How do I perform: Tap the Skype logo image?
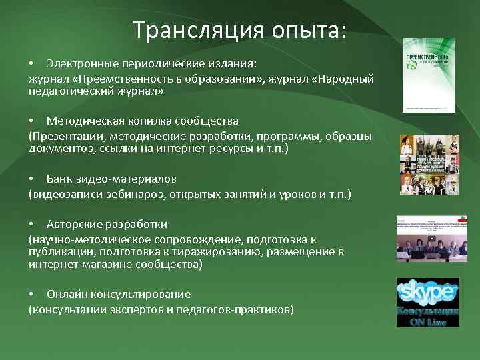[428, 303]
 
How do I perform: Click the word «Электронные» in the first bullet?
[79, 63]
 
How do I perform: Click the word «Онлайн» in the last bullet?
[65, 294]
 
